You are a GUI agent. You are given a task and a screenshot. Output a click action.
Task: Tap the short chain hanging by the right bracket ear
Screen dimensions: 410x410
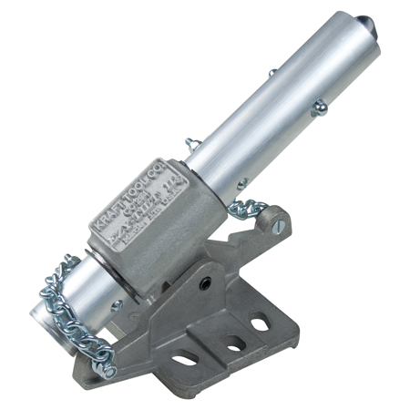(243, 204)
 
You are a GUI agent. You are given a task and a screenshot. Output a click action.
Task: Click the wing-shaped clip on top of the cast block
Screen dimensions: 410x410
(192, 142)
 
